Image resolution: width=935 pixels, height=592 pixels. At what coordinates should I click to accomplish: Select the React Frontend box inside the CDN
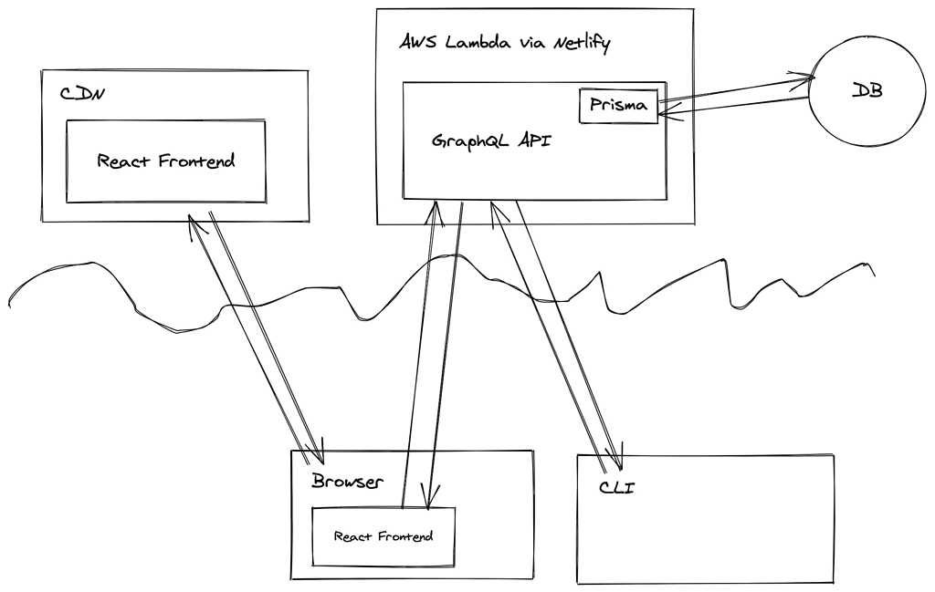tap(165, 161)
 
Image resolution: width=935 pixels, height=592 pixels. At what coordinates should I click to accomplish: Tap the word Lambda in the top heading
tap(476, 44)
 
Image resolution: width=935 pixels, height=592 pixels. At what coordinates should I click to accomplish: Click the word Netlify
tap(582, 43)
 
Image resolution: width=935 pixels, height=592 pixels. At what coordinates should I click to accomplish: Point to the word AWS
tap(419, 44)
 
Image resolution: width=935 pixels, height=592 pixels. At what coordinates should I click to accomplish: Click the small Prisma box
tap(618, 106)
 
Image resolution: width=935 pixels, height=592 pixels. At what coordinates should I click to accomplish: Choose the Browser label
tap(348, 482)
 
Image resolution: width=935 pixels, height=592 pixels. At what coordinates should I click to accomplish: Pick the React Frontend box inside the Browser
tap(383, 535)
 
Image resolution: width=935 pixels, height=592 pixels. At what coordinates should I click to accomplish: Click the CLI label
tap(616, 487)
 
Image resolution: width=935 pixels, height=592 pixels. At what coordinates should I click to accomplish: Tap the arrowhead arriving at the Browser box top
tap(316, 453)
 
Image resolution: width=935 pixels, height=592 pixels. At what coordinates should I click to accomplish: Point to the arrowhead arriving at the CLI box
tap(615, 453)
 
